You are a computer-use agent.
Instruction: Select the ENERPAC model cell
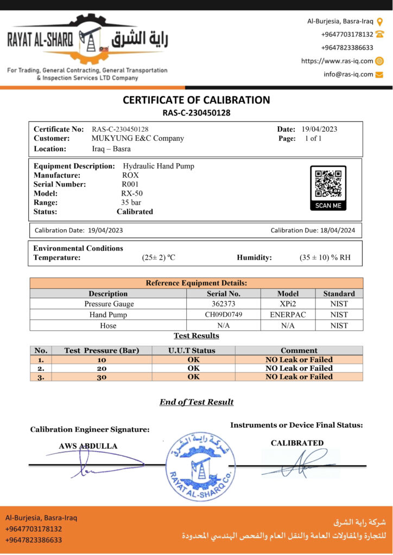pos(288,315)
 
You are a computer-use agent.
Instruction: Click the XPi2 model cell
pos(288,304)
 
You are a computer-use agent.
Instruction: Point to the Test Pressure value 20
pos(102,368)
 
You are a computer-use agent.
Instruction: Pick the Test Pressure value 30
pos(102,377)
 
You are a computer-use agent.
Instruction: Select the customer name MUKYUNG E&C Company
pos(138,138)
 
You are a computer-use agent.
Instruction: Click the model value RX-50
pos(132,193)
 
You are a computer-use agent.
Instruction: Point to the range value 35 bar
pos(131,202)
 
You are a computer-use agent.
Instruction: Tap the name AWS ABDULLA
pos(88,446)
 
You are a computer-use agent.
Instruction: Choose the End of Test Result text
pos(196,402)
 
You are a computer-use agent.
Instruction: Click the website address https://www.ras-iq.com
pos(337,61)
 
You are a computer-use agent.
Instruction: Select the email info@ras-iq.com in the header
pos(348,74)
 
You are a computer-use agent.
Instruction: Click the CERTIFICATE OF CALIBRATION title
pos(196,100)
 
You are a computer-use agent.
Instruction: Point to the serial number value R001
pos(131,184)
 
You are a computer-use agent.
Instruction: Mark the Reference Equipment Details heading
pos(196,283)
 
